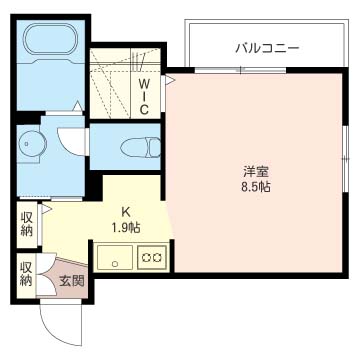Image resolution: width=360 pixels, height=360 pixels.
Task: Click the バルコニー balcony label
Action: point(267,47)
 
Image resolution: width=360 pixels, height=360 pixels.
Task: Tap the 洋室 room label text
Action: point(256,171)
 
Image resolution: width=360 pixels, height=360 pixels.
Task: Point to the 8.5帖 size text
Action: point(256,187)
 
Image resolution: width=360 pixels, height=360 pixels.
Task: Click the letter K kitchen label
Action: point(127,211)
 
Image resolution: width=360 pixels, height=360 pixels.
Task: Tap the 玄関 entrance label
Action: point(71,281)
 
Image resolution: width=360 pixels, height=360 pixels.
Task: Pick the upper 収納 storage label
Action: point(27,223)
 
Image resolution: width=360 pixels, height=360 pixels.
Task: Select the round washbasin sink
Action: point(33,143)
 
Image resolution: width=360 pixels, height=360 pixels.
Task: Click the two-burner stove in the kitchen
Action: point(152,257)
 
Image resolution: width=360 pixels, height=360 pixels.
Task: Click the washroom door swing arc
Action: point(70,130)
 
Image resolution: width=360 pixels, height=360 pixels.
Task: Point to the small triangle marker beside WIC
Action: point(170,76)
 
